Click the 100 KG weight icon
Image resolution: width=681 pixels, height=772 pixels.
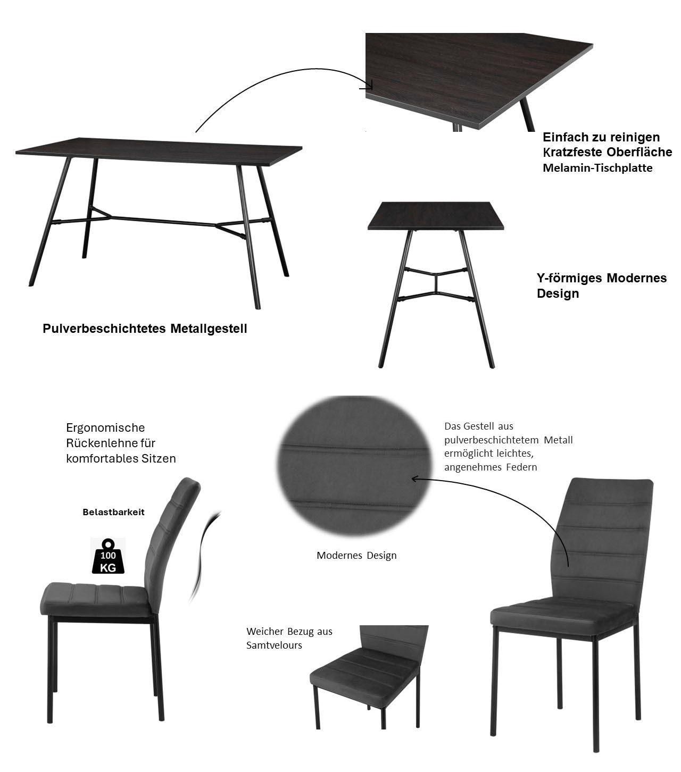pos(108,556)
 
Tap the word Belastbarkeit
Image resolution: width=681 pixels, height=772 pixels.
pos(114,512)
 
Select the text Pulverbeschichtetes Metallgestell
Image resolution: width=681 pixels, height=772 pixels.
pos(145,329)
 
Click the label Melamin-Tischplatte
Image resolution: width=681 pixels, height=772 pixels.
pos(597,167)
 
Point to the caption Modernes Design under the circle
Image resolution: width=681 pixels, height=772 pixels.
pos(356,555)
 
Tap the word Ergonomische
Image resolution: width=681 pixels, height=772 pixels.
pos(105,428)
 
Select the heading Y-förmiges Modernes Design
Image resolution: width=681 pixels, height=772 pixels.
pos(601,286)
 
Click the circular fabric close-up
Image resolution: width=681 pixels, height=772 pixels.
pos(355,465)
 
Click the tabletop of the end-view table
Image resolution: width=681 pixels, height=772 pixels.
pos(435,216)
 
